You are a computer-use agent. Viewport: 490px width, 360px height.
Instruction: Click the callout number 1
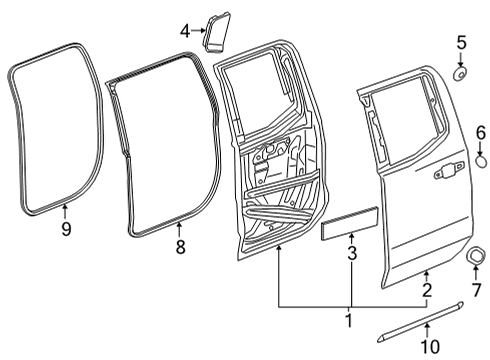[x=349, y=321]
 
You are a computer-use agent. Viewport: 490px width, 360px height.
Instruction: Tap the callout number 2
[x=427, y=291]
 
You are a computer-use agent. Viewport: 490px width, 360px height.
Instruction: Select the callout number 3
[x=351, y=254]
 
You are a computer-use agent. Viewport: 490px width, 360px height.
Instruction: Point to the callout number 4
[x=185, y=31]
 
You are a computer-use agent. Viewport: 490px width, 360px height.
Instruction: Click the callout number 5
[x=461, y=42]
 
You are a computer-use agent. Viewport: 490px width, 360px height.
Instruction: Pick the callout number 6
[x=480, y=132]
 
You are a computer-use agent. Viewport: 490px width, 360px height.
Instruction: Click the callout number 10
[x=430, y=346]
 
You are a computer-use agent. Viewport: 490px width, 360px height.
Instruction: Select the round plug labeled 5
[x=461, y=73]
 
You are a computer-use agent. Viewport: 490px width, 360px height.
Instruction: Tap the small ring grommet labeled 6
[x=480, y=159]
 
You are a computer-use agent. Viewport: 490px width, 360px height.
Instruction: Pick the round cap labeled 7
[x=477, y=260]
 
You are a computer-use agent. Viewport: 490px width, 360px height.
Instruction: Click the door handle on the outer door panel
[x=442, y=174]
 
